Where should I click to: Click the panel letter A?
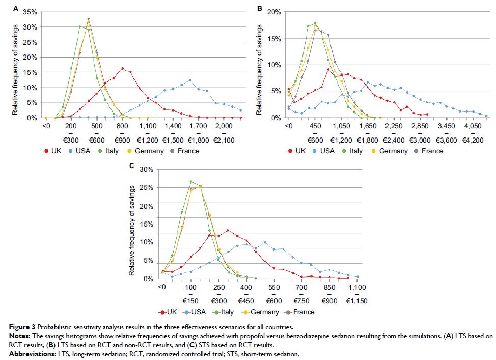15,9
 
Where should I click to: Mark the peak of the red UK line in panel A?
122,69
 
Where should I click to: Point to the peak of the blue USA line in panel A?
190,80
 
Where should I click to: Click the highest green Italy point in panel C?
191,181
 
